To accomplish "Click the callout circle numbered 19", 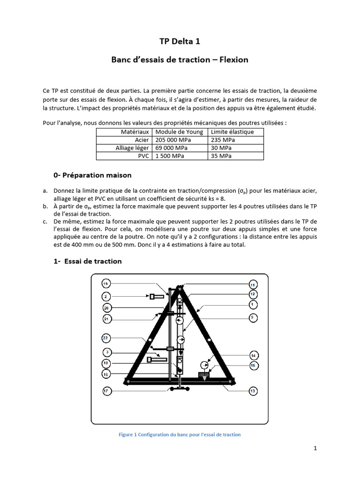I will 106,285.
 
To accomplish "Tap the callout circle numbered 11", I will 253,285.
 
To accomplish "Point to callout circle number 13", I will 253,390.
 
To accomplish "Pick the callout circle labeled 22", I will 106,338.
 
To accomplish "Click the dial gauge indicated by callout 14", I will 204,365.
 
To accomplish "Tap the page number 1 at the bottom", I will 315,448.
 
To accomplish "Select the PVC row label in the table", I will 143,156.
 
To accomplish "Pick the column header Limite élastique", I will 232,132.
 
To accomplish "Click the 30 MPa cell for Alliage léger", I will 219,148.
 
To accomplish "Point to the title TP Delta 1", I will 180,42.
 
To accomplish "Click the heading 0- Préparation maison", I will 93,175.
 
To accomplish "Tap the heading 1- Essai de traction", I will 88,261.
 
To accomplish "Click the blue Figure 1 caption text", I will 180,435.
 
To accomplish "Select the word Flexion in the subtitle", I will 233,60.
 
